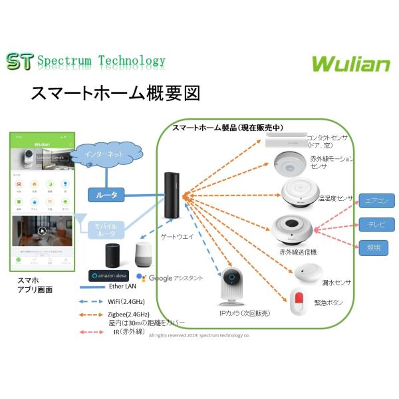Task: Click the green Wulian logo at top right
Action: pyautogui.click(x=351, y=63)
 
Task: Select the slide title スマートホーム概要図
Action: pyautogui.click(x=115, y=93)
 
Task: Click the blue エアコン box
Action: pyautogui.click(x=376, y=201)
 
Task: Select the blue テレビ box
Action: pyautogui.click(x=376, y=225)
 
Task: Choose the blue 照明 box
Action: pyautogui.click(x=376, y=247)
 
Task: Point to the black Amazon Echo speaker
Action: pyautogui.click(x=114, y=255)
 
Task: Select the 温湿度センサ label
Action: pyautogui.click(x=336, y=199)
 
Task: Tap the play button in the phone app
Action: pyautogui.click(x=43, y=231)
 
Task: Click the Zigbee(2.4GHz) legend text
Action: pyautogui.click(x=129, y=314)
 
